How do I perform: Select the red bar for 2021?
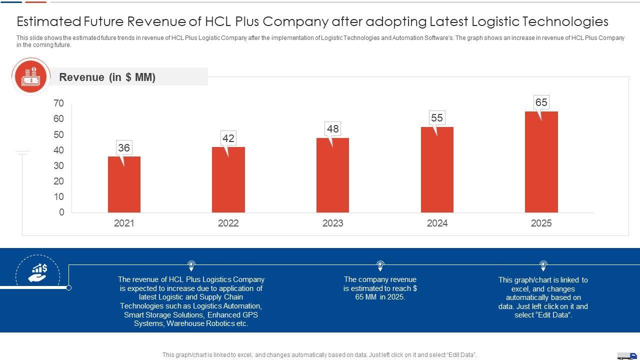124,184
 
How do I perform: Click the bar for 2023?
332,175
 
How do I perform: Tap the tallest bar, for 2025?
541,162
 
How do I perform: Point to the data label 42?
228,138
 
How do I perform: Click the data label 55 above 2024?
437,118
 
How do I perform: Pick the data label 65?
541,102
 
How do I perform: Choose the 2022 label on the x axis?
228,223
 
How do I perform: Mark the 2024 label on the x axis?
437,223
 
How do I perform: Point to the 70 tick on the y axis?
58,103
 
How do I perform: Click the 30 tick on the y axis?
58,165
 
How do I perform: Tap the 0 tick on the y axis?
61,212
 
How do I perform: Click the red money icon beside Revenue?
31,76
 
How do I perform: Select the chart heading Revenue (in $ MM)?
107,77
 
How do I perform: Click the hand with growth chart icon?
37,273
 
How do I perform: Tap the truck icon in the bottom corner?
627,355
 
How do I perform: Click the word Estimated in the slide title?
49,21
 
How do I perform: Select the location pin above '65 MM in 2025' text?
380,264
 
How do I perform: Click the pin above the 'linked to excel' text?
543,264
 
